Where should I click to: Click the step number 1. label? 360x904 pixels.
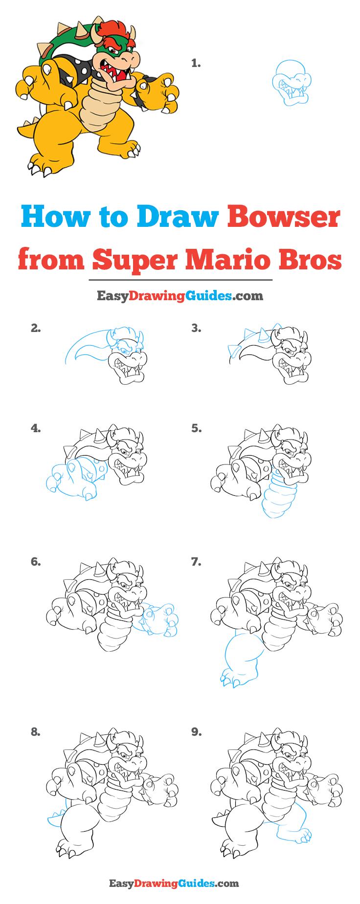[x=196, y=63]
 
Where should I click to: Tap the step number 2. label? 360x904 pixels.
[x=35, y=329]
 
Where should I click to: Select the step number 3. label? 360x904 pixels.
[x=196, y=329]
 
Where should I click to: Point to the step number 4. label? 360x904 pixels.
[x=35, y=428]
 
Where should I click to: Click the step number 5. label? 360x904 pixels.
[x=196, y=428]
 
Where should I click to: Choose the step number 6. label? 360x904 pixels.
[x=35, y=562]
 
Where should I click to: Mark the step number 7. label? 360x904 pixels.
[x=196, y=562]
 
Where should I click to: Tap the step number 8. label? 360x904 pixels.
[x=35, y=732]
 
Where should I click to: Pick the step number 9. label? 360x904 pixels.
[x=196, y=732]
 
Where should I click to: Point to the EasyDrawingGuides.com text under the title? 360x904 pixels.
[x=180, y=295]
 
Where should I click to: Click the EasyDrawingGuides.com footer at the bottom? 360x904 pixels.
[x=180, y=883]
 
